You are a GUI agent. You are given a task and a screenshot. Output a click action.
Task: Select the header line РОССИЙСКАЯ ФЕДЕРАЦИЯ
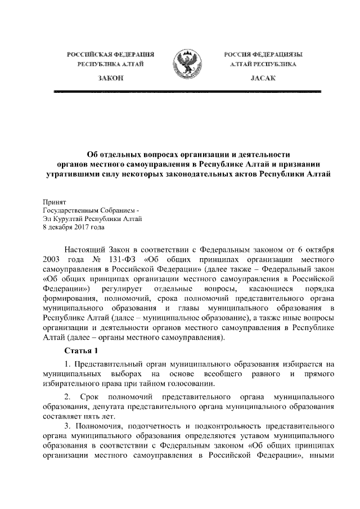tap(110, 54)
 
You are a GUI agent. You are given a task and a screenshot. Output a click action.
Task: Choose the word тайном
tap(149, 384)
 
